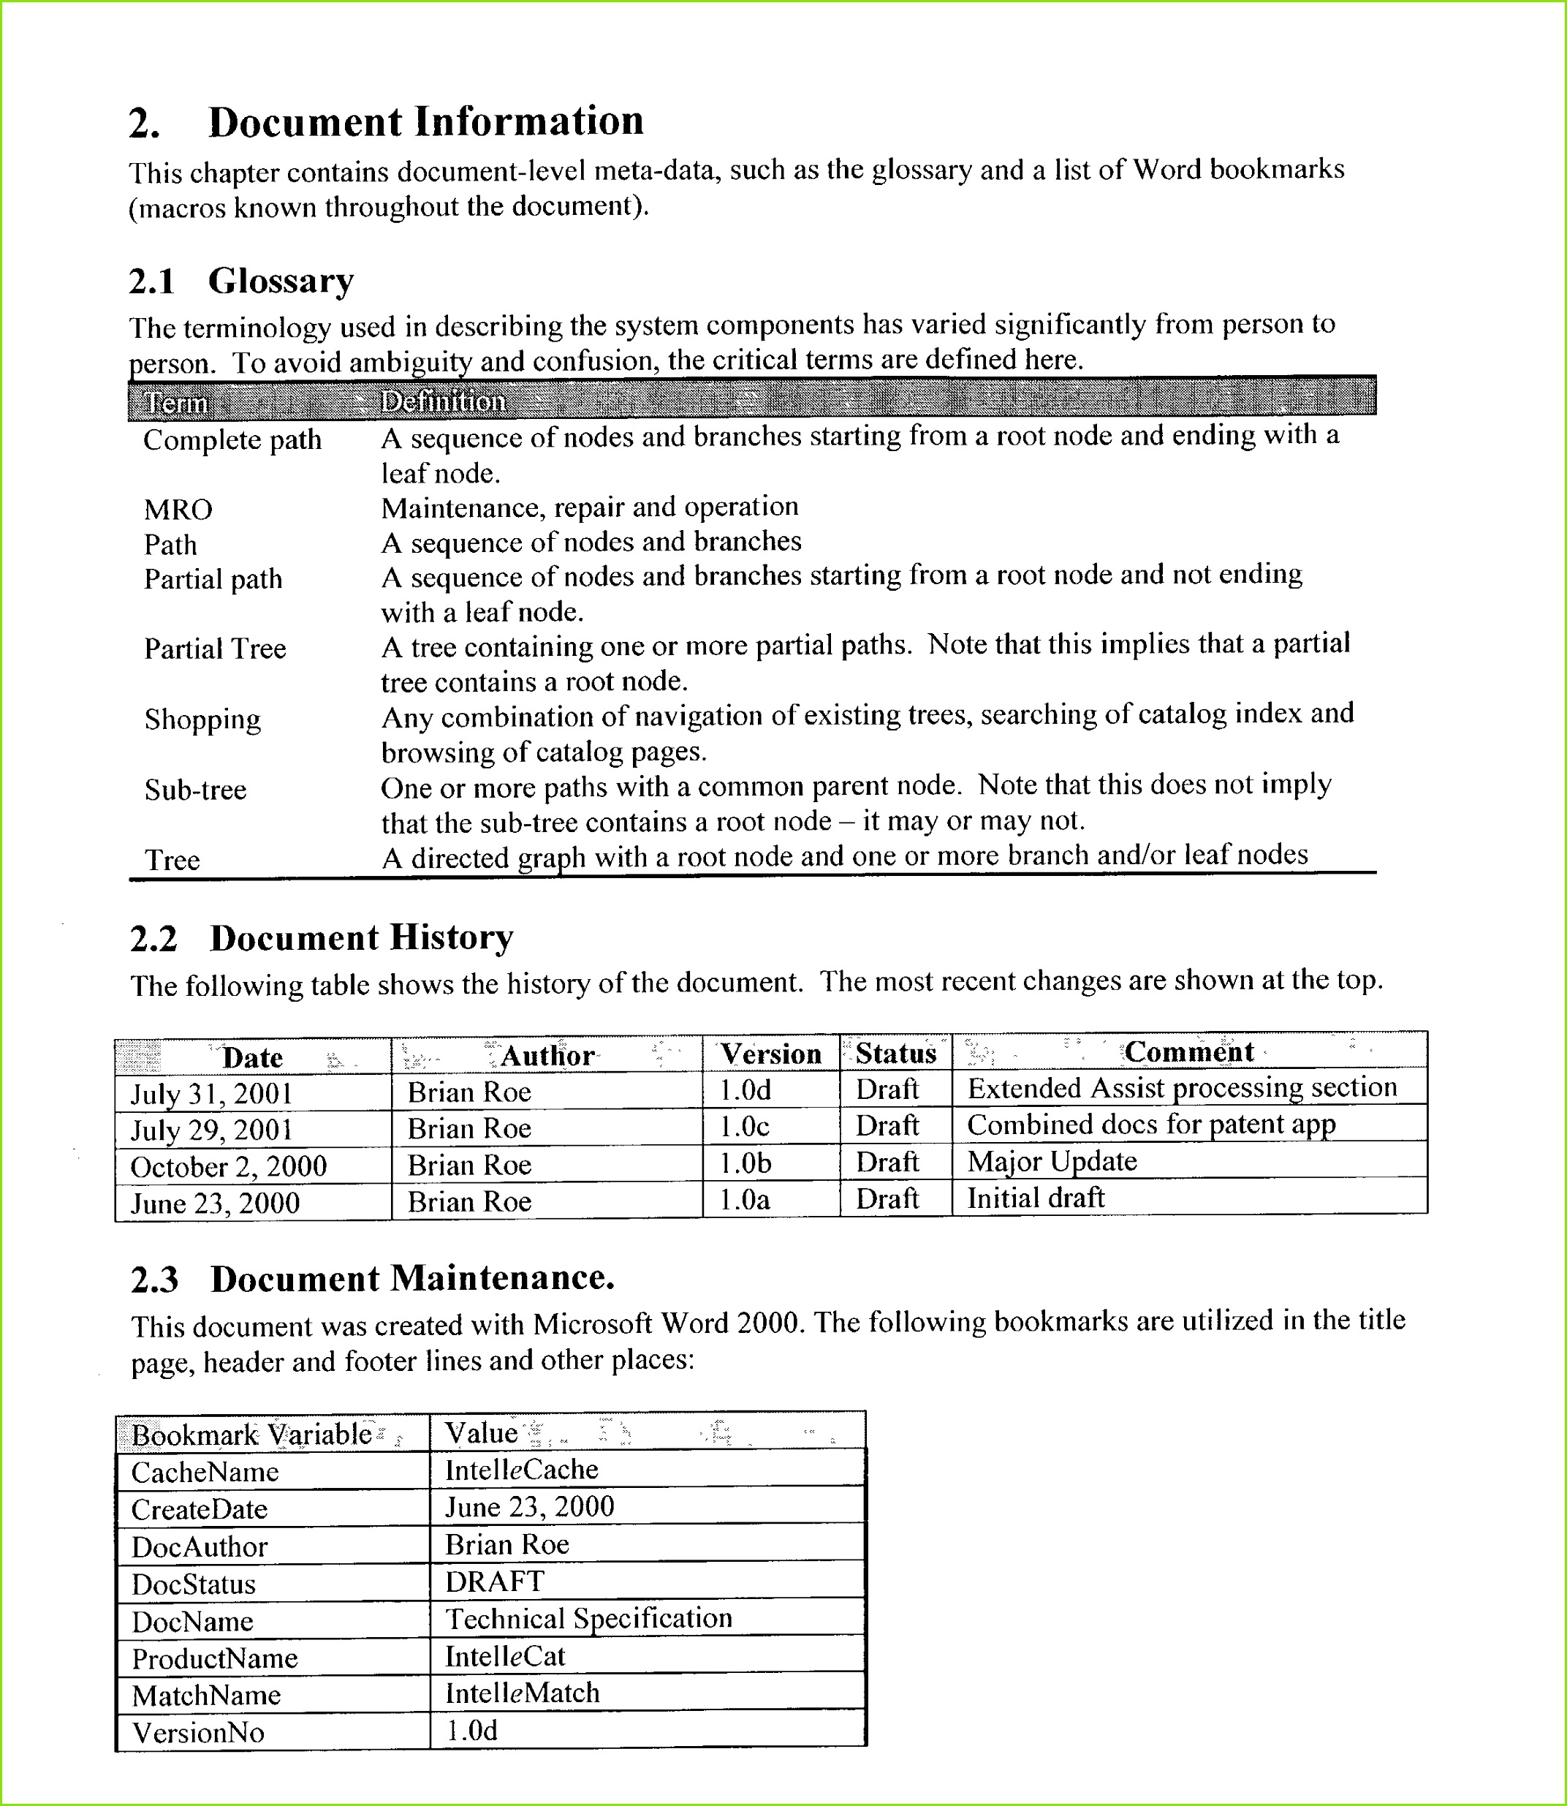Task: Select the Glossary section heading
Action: coord(281,282)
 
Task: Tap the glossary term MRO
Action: coord(178,510)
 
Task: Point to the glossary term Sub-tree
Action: coord(195,790)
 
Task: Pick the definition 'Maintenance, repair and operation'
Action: coord(589,507)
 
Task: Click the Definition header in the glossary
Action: coord(444,401)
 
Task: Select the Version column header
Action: coord(770,1054)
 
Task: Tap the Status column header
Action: coord(895,1053)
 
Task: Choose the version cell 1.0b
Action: coord(745,1163)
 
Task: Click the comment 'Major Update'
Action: coord(1051,1161)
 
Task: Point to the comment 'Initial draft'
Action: coord(1036,1197)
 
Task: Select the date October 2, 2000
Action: coord(228,1167)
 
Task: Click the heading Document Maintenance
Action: coord(412,1279)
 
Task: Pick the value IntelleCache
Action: coord(521,1469)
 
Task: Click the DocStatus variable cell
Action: coord(193,1584)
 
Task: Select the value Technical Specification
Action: coord(588,1618)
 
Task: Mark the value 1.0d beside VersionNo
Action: coord(471,1730)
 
